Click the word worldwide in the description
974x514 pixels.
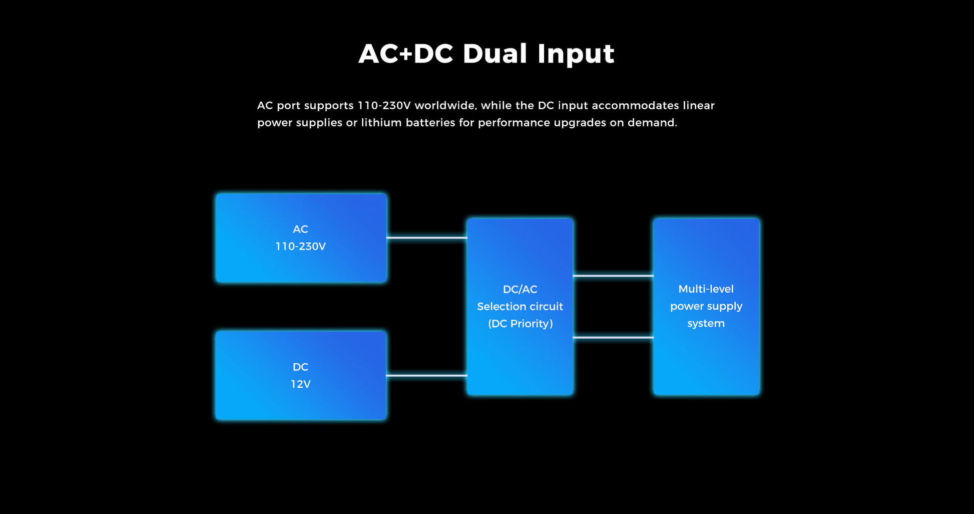pos(445,106)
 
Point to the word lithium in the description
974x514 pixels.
pos(381,123)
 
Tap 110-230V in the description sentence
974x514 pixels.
pos(384,106)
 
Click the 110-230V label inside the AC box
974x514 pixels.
pos(300,246)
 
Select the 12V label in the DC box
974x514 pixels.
pos(300,384)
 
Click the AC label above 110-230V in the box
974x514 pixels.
pos(300,229)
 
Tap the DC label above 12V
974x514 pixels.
pos(300,367)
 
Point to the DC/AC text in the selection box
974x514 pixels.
pos(520,290)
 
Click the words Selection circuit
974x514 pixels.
pos(520,307)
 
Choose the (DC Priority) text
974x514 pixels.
pos(520,324)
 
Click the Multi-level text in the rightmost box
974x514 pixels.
pos(706,289)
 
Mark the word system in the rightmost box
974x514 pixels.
pos(706,324)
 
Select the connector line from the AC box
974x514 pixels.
pos(426,237)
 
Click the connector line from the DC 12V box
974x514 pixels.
pos(426,375)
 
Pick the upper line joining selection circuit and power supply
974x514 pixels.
pos(613,276)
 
